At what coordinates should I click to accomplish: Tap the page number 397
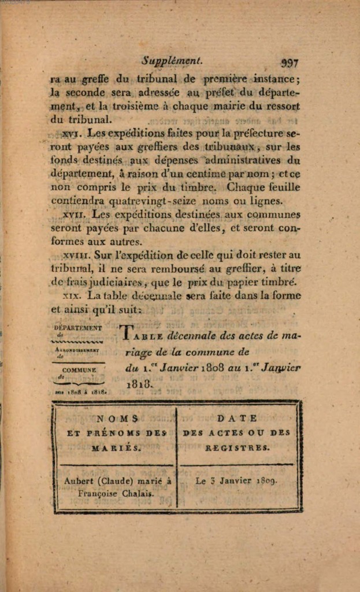289,63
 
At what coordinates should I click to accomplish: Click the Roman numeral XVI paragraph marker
70,134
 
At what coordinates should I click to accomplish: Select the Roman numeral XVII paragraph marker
74,214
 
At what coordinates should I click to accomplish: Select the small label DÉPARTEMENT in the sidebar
77,328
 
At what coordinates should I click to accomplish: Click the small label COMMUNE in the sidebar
79,370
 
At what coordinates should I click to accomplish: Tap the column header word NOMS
117,418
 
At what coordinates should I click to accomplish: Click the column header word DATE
237,418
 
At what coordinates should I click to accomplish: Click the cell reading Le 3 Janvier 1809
236,480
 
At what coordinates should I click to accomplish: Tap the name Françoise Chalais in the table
116,493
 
